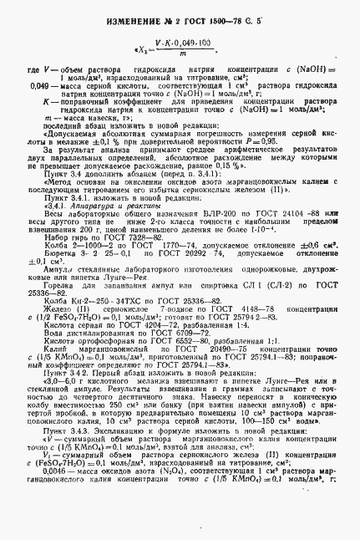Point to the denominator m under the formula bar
(180, 52)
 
